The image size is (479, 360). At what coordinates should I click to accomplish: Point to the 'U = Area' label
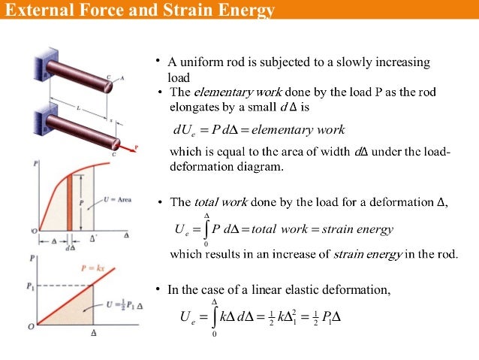coord(117,199)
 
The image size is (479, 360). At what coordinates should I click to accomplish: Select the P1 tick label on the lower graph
coord(31,286)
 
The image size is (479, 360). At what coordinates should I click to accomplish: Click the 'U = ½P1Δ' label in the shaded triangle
coord(113,304)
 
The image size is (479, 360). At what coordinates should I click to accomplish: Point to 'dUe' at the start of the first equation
coord(184,131)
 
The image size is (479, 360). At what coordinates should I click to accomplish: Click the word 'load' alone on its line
coord(179,77)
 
